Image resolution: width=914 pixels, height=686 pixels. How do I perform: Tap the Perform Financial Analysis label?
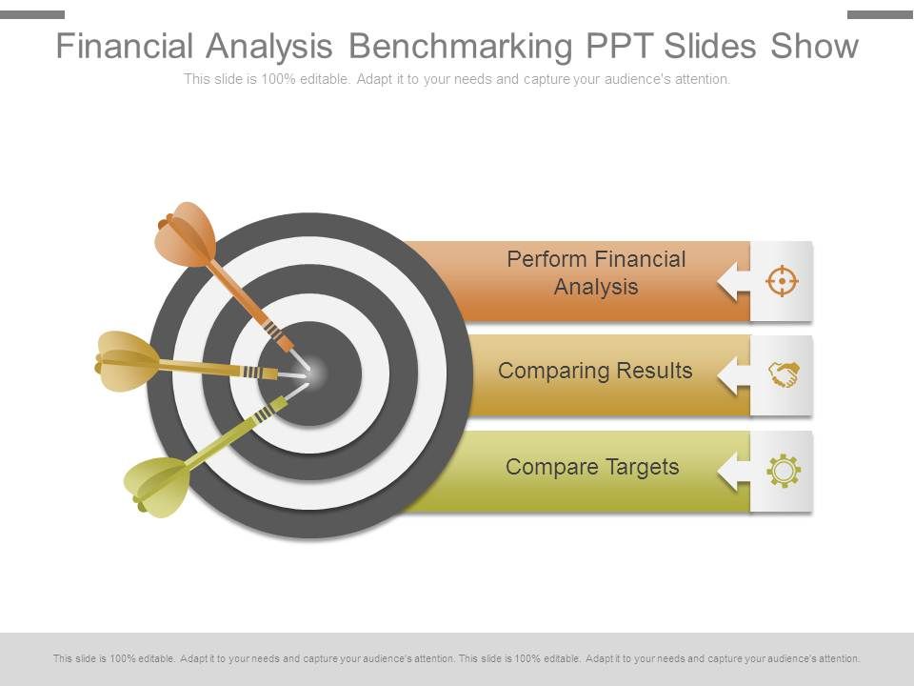596,272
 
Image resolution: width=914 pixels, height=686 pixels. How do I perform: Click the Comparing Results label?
595,371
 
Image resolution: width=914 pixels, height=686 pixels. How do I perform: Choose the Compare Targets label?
592,467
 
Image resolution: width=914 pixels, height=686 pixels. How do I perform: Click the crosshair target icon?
782,281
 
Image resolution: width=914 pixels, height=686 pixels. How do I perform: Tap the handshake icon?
783,375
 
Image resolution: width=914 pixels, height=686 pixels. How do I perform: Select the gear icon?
783,471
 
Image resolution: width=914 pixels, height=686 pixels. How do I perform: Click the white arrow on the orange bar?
733,281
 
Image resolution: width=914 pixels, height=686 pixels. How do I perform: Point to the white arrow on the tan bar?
733,375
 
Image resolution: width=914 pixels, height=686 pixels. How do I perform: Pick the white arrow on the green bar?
733,471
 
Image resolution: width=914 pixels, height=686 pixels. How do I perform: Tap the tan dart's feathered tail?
126,361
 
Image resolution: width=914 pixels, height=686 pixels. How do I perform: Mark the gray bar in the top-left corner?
32,14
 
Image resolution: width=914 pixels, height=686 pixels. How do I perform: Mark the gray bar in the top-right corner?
880,14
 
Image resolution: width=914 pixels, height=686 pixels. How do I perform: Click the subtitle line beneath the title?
457,79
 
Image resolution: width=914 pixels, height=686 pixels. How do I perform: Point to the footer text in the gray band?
457,658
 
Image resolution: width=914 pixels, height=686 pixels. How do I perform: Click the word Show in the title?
814,46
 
